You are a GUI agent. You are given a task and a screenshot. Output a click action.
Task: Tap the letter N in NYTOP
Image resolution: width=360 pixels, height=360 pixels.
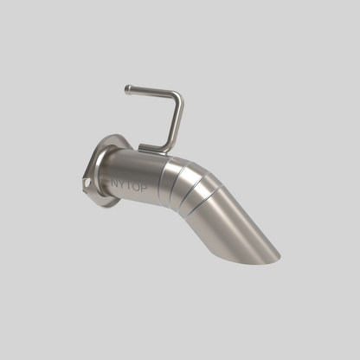tap(114, 182)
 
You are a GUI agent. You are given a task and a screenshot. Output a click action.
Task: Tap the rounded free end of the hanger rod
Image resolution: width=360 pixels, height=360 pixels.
tap(127, 88)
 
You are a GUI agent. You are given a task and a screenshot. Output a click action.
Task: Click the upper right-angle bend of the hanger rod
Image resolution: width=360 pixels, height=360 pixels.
tap(177, 96)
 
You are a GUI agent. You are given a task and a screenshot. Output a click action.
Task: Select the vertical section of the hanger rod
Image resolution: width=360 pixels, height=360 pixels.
tap(175, 121)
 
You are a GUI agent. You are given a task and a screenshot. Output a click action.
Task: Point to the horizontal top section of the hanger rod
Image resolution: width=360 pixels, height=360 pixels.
tap(151, 91)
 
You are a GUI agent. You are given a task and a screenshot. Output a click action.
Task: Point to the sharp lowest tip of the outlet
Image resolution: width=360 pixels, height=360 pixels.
tap(279, 256)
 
